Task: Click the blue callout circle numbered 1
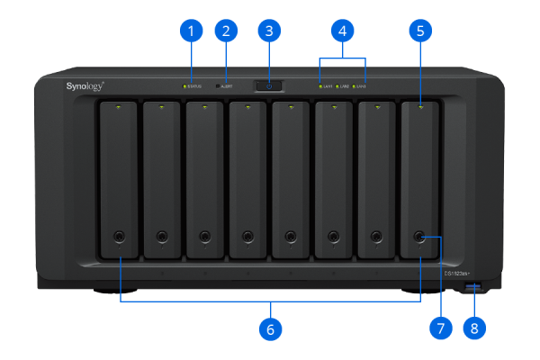pyautogui.click(x=190, y=31)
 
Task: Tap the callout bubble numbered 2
pyautogui.click(x=226, y=31)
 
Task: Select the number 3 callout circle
pyautogui.click(x=269, y=31)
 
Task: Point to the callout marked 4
pyautogui.click(x=341, y=31)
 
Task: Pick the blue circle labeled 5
pyautogui.click(x=419, y=31)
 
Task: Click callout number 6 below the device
pyautogui.click(x=269, y=328)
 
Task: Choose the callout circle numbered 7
pyautogui.click(x=440, y=328)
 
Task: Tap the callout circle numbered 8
pyautogui.click(x=475, y=328)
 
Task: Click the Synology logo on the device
pyautogui.click(x=85, y=86)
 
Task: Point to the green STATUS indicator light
pyautogui.click(x=184, y=87)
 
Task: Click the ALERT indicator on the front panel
pyautogui.click(x=219, y=87)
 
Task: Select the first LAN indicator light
pyautogui.click(x=320, y=87)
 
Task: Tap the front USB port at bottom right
pyautogui.click(x=475, y=288)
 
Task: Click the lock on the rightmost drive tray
pyautogui.click(x=419, y=237)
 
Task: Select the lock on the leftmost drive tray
pyautogui.click(x=119, y=237)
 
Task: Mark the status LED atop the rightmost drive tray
pyautogui.click(x=419, y=107)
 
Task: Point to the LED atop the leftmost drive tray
pyautogui.click(x=119, y=107)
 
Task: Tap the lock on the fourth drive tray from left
pyautogui.click(x=247, y=237)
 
